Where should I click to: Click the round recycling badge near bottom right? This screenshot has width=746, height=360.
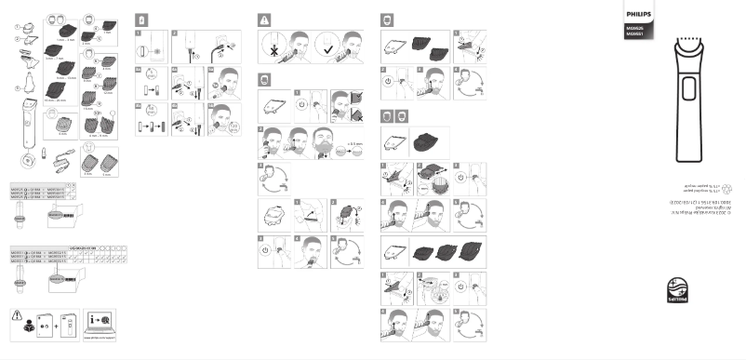tap(677, 290)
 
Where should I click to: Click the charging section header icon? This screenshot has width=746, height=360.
tap(141, 19)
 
